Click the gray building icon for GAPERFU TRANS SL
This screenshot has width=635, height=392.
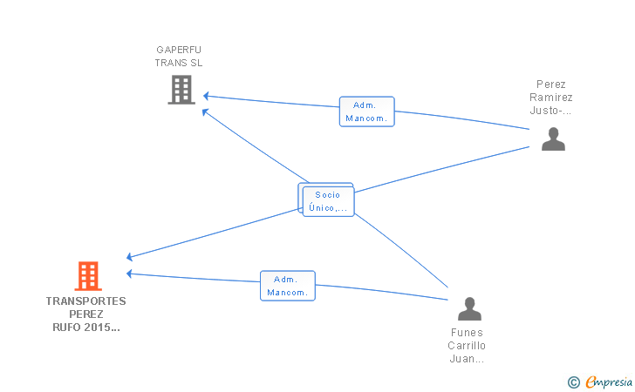click(x=181, y=90)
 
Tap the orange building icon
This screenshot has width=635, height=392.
click(x=88, y=276)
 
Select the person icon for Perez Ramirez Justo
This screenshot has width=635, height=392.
click(x=553, y=139)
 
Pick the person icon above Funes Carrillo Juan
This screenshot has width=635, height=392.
click(x=469, y=308)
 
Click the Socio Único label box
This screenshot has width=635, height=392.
click(x=329, y=201)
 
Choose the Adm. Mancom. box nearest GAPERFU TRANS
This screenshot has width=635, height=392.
click(x=367, y=112)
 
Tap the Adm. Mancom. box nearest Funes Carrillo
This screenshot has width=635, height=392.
click(x=288, y=286)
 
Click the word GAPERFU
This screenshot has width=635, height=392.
click(x=179, y=50)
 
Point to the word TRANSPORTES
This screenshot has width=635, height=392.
click(x=85, y=301)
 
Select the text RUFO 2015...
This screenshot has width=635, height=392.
click(x=85, y=328)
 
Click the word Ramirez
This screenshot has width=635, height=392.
click(x=550, y=98)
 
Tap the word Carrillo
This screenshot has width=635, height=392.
click(x=467, y=346)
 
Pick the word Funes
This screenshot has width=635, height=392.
click(x=467, y=333)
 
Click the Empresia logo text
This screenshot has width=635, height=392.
click(x=609, y=382)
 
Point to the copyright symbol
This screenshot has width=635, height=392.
click(x=574, y=382)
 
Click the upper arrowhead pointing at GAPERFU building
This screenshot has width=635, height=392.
click(x=206, y=96)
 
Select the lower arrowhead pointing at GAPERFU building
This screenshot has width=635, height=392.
click(x=205, y=112)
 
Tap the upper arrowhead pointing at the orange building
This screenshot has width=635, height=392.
click(x=129, y=256)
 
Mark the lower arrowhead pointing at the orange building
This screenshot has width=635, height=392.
click(x=129, y=274)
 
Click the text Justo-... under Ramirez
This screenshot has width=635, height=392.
click(x=550, y=111)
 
